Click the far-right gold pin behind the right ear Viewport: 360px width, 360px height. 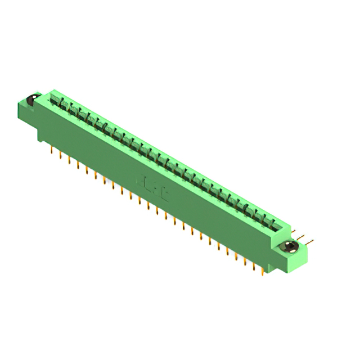[311, 242]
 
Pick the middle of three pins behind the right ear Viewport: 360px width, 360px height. [303, 237]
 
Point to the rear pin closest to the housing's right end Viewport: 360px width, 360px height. [294, 232]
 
